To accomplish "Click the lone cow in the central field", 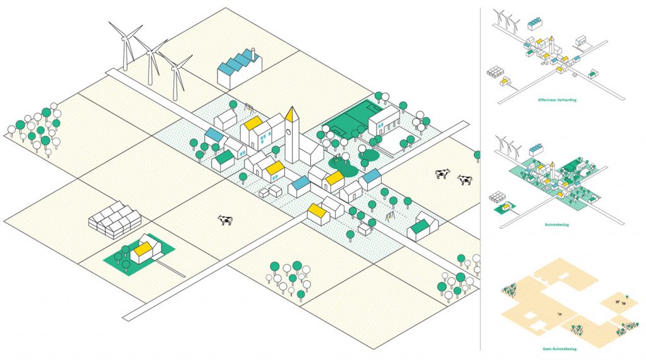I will [225, 219].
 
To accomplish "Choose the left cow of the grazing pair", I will [442, 173].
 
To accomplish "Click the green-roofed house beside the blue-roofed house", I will [223, 160].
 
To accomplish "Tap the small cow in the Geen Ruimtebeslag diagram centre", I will [559, 313].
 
